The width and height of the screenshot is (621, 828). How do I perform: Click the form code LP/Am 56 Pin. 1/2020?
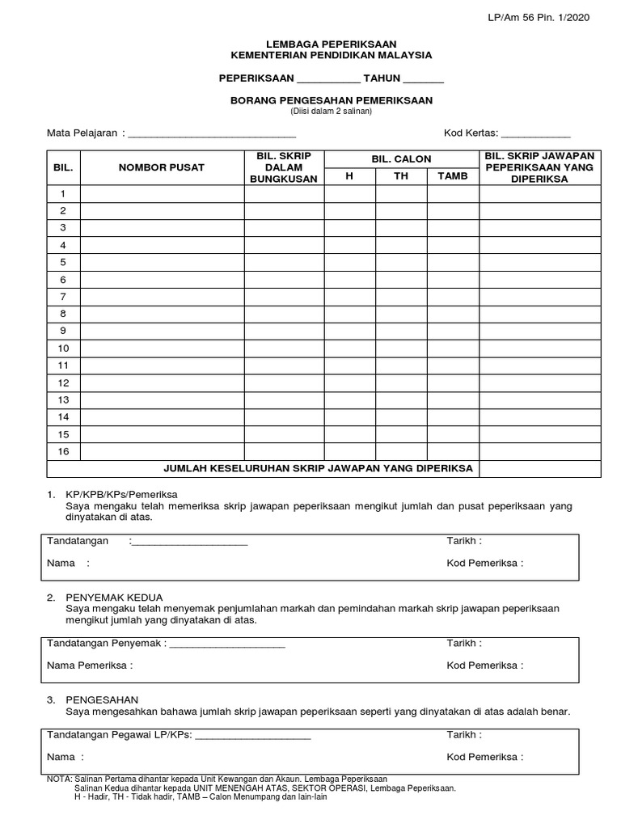click(549, 19)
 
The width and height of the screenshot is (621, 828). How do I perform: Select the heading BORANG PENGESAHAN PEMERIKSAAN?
click(332, 100)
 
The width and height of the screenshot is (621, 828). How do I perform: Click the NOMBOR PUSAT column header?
click(162, 167)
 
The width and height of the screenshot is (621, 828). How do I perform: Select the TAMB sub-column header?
click(453, 176)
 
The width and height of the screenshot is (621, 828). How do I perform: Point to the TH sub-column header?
click(401, 176)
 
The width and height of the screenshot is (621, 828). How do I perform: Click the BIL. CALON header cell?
click(401, 158)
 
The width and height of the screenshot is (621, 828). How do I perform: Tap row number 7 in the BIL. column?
click(63, 297)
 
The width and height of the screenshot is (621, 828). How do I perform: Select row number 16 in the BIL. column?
click(63, 451)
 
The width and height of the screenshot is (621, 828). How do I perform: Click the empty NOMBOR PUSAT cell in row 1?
click(162, 194)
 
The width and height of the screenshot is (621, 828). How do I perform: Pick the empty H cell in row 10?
click(349, 349)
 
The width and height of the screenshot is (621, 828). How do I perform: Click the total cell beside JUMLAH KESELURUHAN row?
click(539, 469)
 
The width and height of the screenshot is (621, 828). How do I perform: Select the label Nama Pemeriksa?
click(90, 665)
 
